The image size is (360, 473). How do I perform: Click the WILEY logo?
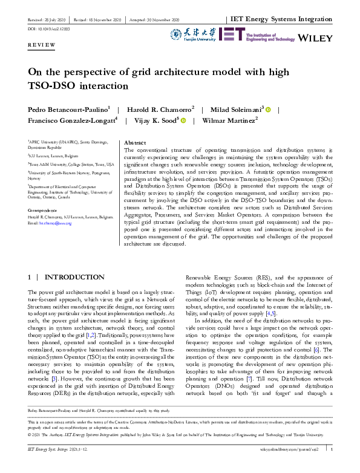(x=316, y=38)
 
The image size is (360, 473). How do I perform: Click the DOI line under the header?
(x=49, y=29)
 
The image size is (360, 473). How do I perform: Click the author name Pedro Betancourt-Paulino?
(x=68, y=109)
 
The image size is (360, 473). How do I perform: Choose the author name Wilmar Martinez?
(x=231, y=120)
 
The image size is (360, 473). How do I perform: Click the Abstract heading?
(x=135, y=143)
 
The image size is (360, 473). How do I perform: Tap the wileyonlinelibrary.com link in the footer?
(x=284, y=466)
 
